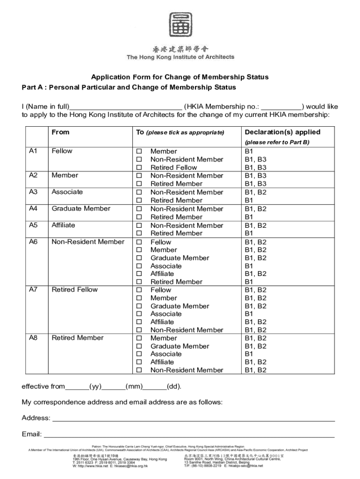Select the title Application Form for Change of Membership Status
click(x=180, y=77)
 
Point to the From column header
click(x=60, y=132)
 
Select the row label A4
click(x=33, y=209)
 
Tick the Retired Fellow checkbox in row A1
click(x=138, y=168)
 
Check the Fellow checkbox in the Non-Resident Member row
click(x=138, y=242)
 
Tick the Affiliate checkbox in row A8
click(x=138, y=363)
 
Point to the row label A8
click(x=33, y=338)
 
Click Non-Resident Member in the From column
click(x=88, y=242)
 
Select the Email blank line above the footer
click(x=189, y=435)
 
